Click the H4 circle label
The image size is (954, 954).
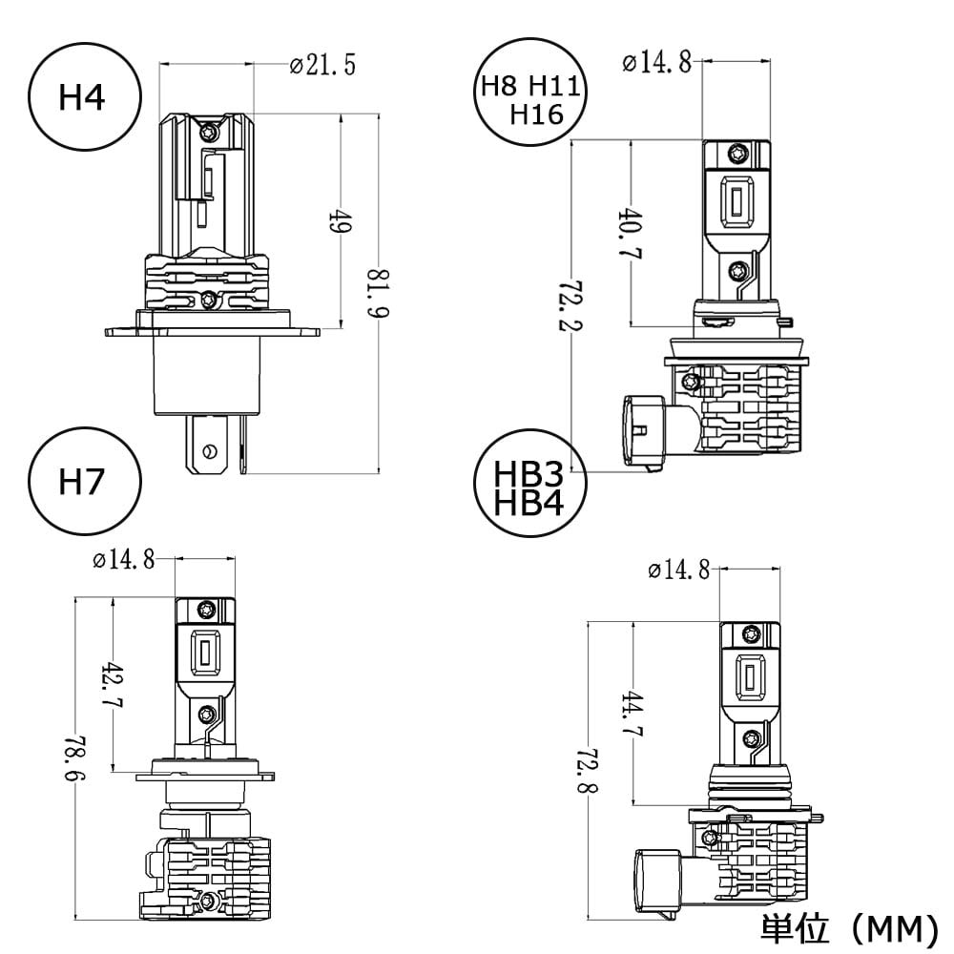coord(85,96)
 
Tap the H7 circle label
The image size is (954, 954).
coord(85,481)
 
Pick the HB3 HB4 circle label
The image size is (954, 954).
coord(529,483)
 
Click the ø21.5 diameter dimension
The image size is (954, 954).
coord(322,65)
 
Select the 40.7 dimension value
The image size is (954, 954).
coord(631,234)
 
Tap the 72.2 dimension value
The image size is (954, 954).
coord(570,305)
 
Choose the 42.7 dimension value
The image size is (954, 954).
coord(114,684)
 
